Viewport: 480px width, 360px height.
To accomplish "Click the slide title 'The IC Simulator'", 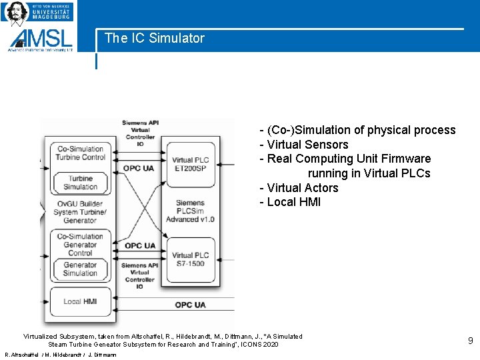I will tap(155, 39).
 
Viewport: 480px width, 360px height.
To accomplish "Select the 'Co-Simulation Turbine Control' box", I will tap(80, 153).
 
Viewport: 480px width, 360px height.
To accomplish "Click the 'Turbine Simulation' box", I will tap(80, 183).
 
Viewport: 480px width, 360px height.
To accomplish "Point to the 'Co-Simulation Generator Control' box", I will tap(80, 245).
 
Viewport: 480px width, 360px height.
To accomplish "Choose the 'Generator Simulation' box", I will tap(80, 269).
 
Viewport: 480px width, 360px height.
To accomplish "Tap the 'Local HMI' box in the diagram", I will tap(80, 301).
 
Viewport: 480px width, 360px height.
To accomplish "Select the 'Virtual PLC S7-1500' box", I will tap(191, 259).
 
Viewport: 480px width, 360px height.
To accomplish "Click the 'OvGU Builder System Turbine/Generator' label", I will tap(80, 212).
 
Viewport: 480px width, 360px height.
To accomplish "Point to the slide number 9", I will tap(470, 341).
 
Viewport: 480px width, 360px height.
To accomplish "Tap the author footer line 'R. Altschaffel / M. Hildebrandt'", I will tap(61, 355).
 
